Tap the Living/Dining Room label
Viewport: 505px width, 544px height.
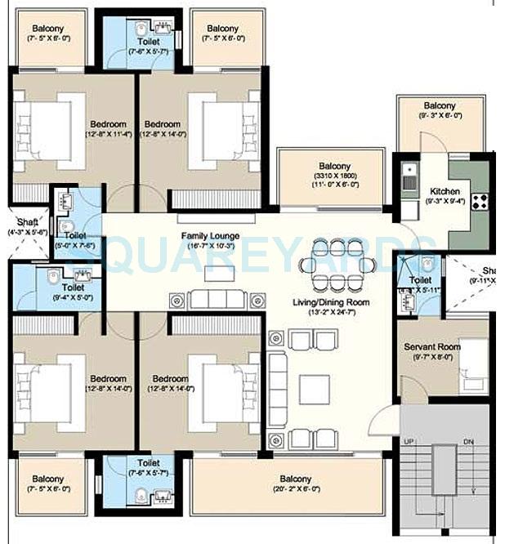[x=332, y=302]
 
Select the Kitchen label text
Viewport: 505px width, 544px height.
[x=445, y=191]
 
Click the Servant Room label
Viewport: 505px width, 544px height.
[x=432, y=346]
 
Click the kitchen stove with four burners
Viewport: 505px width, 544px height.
[x=478, y=198]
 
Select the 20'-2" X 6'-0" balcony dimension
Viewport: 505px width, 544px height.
[x=295, y=489]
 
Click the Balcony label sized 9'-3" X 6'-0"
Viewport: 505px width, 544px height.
[x=440, y=116]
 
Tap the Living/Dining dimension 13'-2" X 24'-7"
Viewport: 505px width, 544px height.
[x=332, y=312]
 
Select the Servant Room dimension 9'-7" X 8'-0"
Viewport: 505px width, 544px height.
[x=432, y=356]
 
